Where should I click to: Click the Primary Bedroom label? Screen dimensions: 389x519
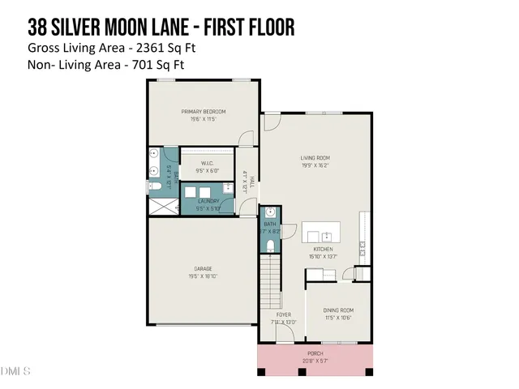point(204,111)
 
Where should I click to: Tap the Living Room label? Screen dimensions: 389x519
point(315,158)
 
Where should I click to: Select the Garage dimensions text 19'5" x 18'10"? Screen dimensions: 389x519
point(204,276)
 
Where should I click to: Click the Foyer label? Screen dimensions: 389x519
point(283,314)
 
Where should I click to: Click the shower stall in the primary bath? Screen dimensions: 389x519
point(161,207)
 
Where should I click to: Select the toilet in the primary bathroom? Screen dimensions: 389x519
point(154,187)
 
